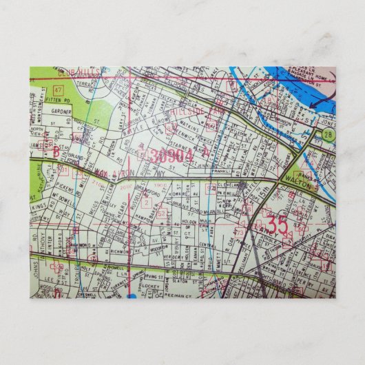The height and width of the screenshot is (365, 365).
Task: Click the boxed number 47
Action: pos(59,91)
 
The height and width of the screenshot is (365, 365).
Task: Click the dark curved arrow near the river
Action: pos(318,102)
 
